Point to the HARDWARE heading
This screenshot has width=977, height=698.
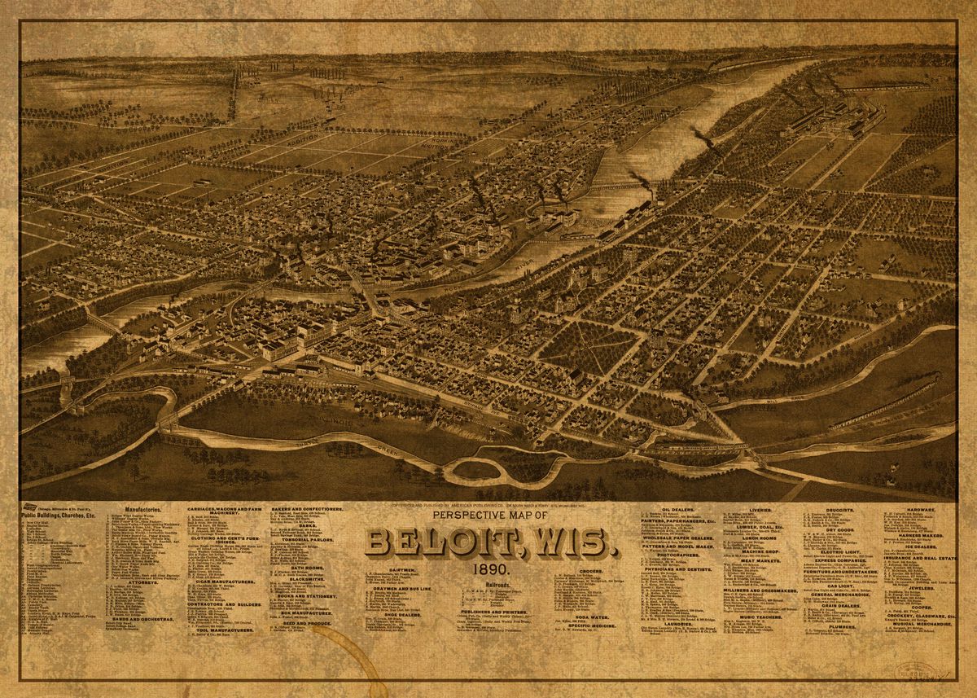coord(909,509)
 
